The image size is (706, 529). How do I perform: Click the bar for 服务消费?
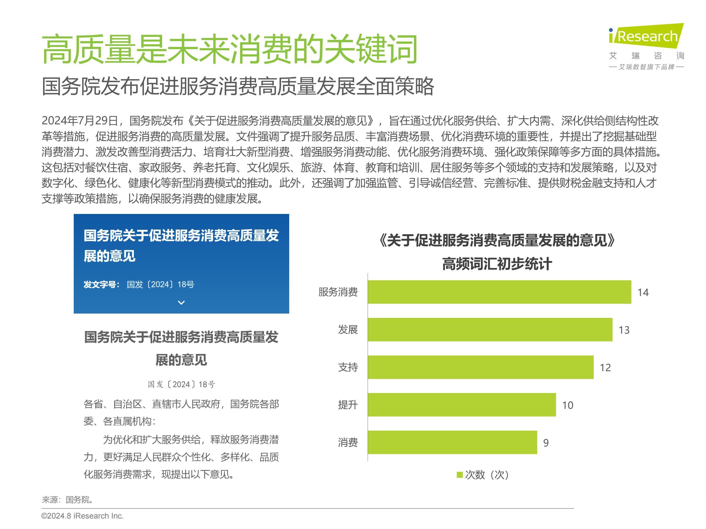coord(499,292)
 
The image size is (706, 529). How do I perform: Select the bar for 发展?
coord(490,329)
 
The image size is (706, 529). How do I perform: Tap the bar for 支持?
coord(480,367)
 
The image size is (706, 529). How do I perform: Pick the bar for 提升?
coord(462,405)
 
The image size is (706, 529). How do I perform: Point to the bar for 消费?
coord(452,442)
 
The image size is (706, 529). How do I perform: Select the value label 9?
coord(546,443)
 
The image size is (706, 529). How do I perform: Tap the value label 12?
coord(605,368)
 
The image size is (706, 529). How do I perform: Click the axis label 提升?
coord(348,405)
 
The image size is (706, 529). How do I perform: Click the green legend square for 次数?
coord(460,475)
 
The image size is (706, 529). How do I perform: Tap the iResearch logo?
coord(646,36)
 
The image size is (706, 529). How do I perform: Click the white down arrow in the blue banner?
coord(181,302)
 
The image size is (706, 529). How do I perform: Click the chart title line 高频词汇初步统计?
coord(497,264)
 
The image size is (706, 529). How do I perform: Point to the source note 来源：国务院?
coord(67,500)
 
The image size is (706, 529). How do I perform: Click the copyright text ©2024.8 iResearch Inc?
coord(82,516)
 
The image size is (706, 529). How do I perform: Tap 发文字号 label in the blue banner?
coord(101,284)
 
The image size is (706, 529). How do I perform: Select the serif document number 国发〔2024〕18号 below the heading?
coord(181,385)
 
